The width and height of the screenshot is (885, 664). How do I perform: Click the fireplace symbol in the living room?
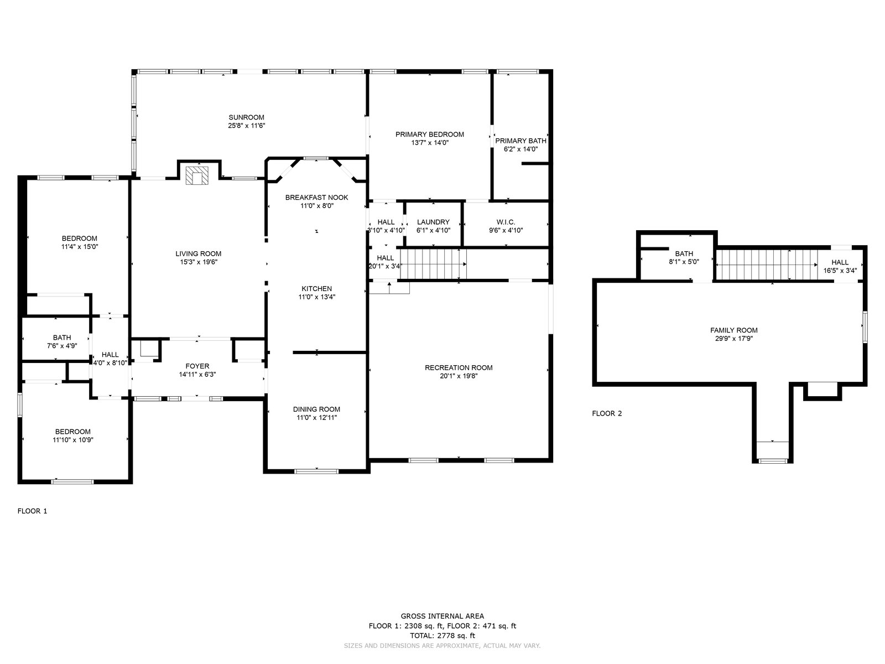[x=197, y=175]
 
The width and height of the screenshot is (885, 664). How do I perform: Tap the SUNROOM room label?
[x=246, y=117]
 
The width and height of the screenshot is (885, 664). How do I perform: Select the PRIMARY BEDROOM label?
[x=429, y=134]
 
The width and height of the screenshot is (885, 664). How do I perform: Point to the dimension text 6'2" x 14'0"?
[x=520, y=149]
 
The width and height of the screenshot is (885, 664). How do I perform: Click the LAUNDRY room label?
[x=433, y=222]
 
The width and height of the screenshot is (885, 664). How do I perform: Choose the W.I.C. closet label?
[x=506, y=222]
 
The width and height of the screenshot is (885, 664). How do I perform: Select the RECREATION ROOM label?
[x=459, y=367]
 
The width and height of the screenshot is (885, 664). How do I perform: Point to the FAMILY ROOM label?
[x=734, y=330]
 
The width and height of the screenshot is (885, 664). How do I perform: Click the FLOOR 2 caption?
[x=607, y=413]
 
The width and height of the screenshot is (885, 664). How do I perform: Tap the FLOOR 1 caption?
[x=32, y=511]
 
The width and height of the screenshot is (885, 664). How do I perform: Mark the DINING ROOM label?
[x=316, y=409]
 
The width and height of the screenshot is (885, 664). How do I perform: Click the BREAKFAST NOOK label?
[x=316, y=198]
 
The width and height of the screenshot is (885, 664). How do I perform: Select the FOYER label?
[x=197, y=366]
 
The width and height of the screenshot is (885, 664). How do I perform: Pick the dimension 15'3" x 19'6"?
[x=199, y=262]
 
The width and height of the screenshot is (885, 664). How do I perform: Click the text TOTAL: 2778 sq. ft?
[x=442, y=636]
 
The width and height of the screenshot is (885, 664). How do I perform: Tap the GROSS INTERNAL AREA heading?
[x=442, y=616]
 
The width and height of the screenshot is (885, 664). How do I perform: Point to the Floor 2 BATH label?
[x=684, y=253]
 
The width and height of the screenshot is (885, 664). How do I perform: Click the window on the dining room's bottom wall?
[x=316, y=471]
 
